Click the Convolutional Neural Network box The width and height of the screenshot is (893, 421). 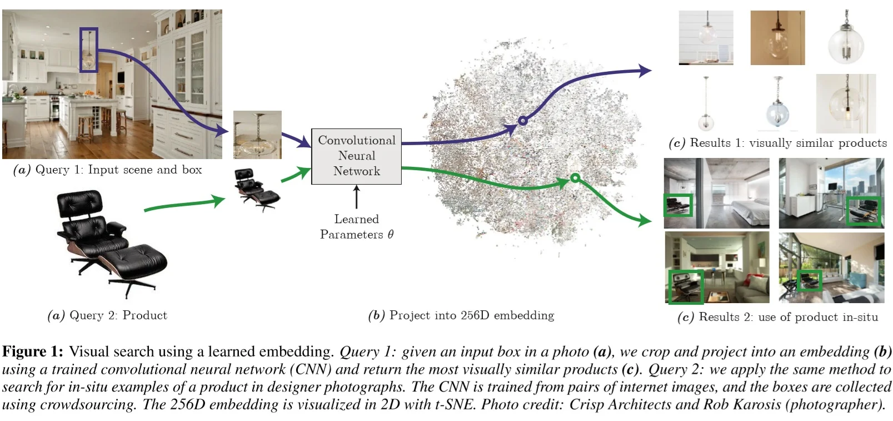[x=356, y=156]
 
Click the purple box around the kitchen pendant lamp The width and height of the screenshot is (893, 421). [x=88, y=50]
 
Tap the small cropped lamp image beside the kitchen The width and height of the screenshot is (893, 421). [x=257, y=135]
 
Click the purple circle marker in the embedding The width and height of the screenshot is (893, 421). [x=522, y=120]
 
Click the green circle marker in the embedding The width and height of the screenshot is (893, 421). [x=575, y=178]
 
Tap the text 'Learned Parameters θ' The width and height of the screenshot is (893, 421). [x=356, y=227]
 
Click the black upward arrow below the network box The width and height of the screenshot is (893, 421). [x=356, y=197]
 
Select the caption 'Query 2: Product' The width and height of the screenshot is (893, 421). [x=107, y=315]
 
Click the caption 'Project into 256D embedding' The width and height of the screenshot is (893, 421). [x=461, y=315]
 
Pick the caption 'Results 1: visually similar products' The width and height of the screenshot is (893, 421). [x=778, y=143]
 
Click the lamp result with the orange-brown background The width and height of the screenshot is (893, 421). [x=777, y=38]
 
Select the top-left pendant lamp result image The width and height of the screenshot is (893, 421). [x=706, y=38]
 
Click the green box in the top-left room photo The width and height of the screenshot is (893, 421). [x=679, y=205]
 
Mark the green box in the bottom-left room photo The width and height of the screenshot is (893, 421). [x=686, y=286]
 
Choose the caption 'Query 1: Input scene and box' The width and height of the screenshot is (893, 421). [x=108, y=170]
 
